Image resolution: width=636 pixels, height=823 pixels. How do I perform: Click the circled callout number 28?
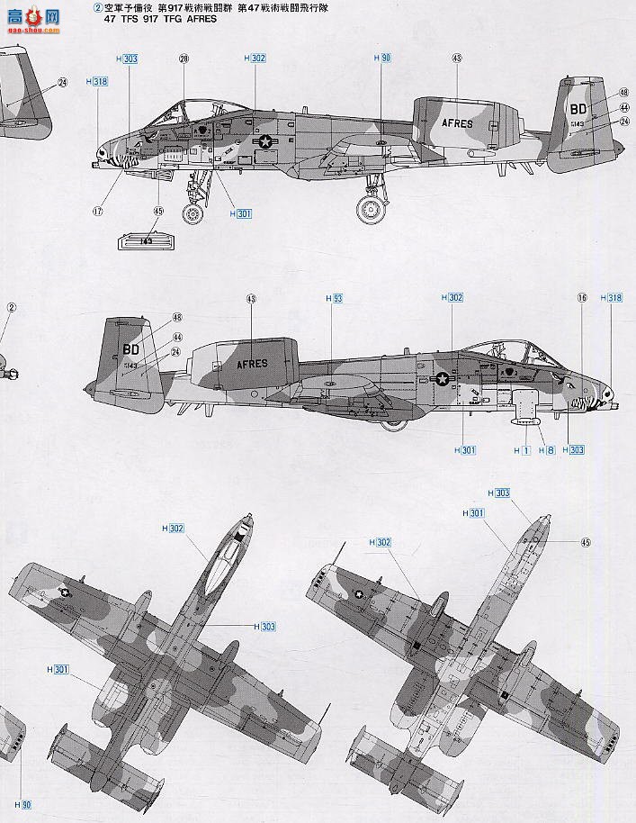coord(184,59)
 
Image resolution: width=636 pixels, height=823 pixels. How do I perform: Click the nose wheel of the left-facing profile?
coord(193,213)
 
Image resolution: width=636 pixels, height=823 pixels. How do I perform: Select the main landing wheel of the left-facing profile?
coord(371,210)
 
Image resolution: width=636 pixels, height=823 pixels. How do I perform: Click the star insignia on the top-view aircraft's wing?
coord(65,592)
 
